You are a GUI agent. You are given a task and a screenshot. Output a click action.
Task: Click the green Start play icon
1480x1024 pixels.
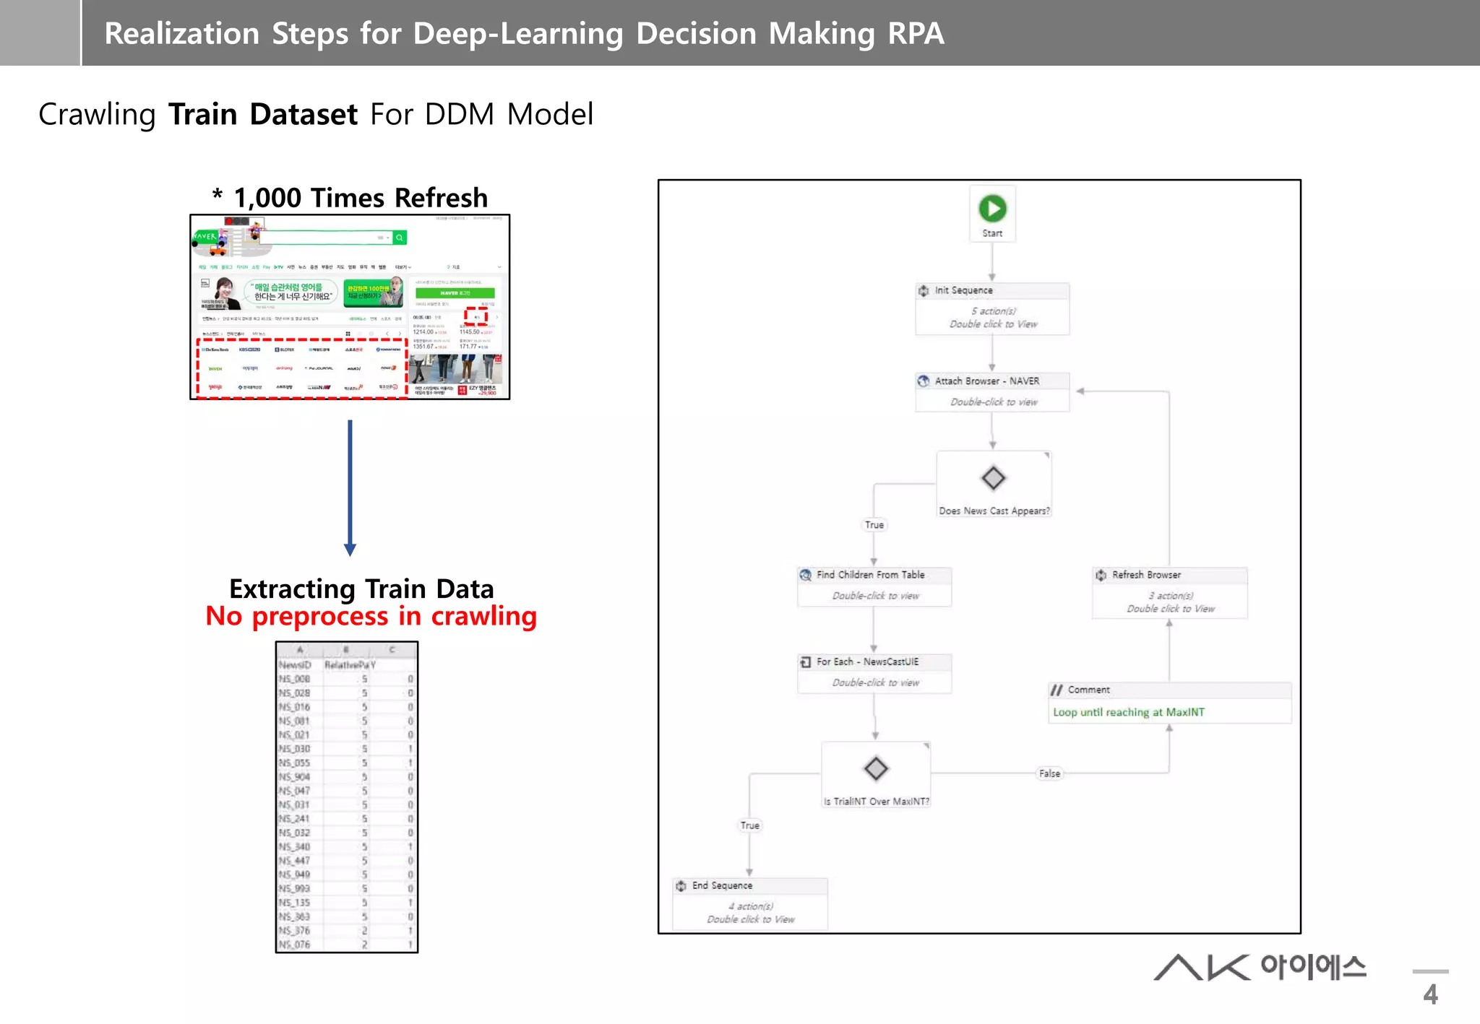tap(992, 209)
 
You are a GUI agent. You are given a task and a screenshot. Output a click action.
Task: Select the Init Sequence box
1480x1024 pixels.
tap(992, 308)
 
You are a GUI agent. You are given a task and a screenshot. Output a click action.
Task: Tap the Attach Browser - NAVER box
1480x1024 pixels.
tap(992, 391)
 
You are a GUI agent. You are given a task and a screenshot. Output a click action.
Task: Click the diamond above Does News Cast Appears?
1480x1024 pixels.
tap(993, 477)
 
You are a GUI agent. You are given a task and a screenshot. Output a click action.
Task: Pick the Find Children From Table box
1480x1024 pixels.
tap(874, 586)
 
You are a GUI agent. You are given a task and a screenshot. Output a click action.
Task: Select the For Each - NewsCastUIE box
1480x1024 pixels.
tap(874, 672)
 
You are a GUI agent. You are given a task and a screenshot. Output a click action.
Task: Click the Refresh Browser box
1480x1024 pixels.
tap(1169, 592)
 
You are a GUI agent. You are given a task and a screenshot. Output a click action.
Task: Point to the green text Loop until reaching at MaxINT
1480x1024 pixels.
tap(1128, 712)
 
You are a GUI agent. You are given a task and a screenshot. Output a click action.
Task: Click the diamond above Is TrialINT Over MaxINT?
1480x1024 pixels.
tap(876, 768)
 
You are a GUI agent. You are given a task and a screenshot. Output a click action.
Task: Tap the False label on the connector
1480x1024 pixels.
tap(1049, 773)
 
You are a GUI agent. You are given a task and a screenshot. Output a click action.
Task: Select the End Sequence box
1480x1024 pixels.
tap(749, 903)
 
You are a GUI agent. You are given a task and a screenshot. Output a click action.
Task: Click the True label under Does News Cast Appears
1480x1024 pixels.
tap(874, 525)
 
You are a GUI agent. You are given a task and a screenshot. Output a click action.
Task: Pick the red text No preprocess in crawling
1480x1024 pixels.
tap(371, 617)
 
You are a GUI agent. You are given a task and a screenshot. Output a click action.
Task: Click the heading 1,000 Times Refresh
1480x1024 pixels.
tap(360, 198)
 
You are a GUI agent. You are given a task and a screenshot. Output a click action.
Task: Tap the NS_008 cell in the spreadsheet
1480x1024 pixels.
tap(295, 679)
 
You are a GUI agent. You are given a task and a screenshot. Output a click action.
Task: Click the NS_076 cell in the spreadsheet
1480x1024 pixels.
tap(295, 945)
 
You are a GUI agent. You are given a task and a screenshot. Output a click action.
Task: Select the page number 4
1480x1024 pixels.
tap(1430, 994)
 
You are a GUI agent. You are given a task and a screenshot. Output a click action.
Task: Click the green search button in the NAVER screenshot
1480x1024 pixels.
tap(399, 238)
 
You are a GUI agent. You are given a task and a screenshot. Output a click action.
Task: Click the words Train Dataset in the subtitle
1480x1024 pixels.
tap(262, 115)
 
